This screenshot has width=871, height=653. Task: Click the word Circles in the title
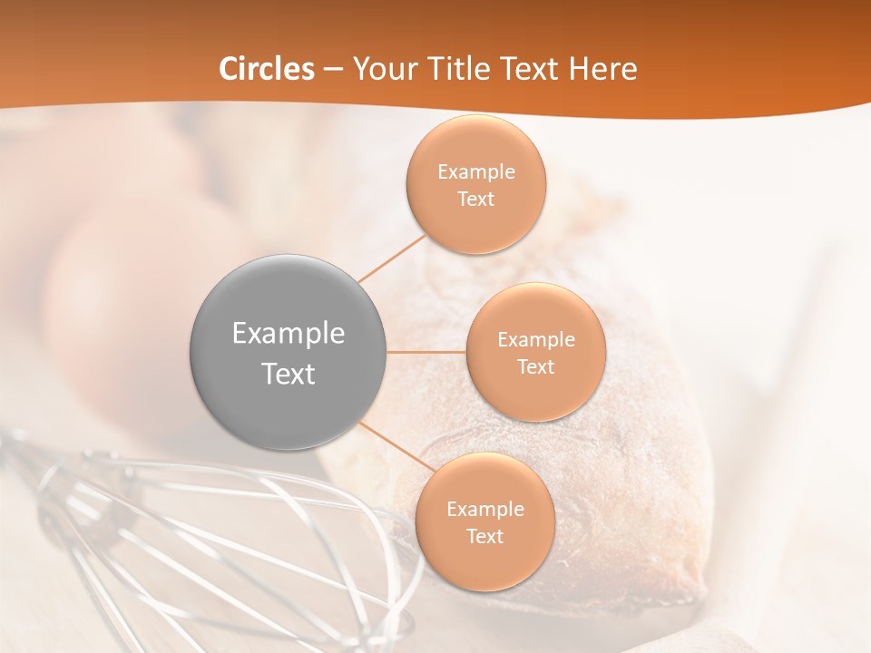[267, 69]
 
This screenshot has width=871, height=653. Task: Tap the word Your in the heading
[385, 69]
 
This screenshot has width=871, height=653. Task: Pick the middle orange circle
[535, 399]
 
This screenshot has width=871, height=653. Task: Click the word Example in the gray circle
[289, 334]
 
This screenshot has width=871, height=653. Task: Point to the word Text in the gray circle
[289, 374]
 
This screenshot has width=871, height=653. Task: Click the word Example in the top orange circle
[476, 172]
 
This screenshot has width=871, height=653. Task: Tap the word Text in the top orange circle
[476, 200]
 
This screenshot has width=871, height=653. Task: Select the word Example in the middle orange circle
[535, 340]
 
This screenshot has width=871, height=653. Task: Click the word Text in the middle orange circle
[535, 367]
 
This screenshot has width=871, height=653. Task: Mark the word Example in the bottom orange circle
[484, 510]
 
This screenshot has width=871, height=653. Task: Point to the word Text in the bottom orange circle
[484, 537]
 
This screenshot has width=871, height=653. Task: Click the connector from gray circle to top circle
[392, 258]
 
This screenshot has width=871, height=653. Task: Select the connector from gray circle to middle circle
[426, 352]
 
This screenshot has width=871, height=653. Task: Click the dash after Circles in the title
[333, 70]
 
